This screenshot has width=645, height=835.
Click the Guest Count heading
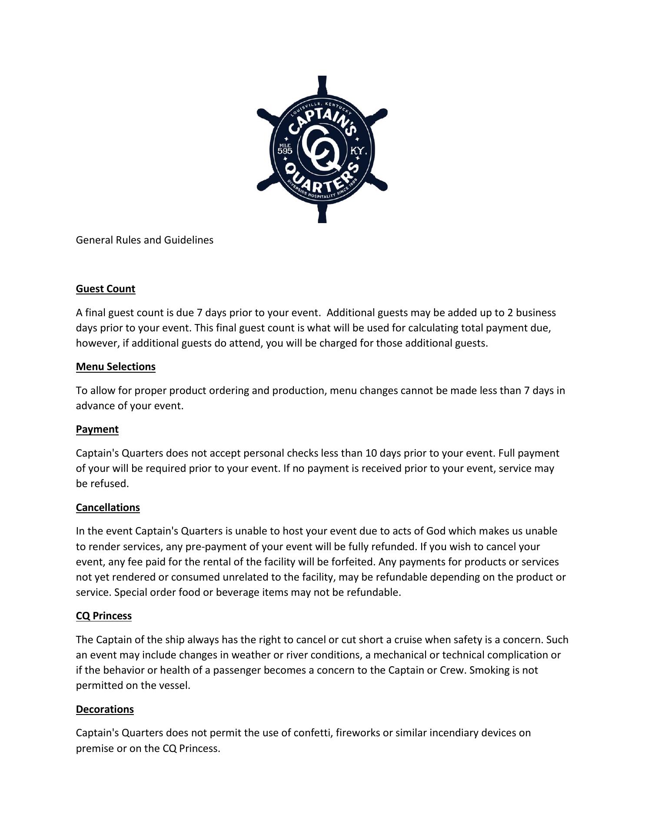(x=106, y=289)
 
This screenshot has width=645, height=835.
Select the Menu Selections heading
(x=116, y=367)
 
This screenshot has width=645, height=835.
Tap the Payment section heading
(x=97, y=429)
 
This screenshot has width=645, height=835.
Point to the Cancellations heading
(x=108, y=508)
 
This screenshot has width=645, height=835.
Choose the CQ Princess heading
(x=104, y=616)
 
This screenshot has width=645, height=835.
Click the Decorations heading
(x=105, y=709)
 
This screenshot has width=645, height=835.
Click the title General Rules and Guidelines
(x=145, y=240)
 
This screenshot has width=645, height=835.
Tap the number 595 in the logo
(x=285, y=151)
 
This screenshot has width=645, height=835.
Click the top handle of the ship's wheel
(x=322, y=84)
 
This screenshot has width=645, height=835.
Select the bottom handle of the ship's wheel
(x=322, y=214)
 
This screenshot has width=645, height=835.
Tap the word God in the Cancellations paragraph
(x=436, y=531)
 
